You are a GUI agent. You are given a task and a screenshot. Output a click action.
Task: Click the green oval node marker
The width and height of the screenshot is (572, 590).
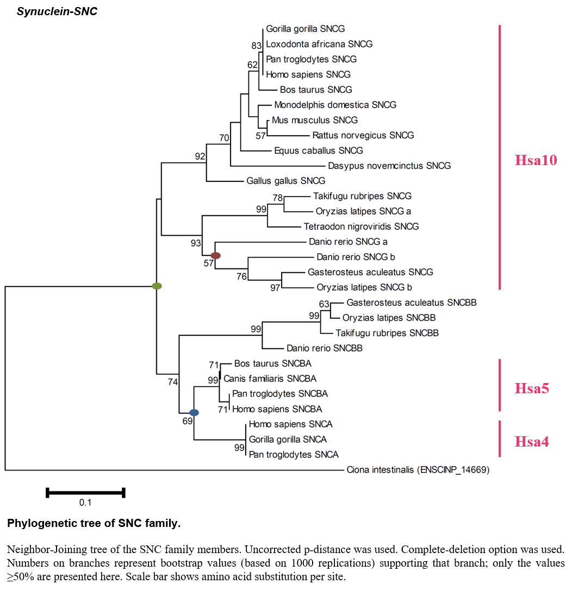[157, 286]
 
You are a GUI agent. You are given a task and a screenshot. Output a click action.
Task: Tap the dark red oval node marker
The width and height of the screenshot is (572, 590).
[215, 255]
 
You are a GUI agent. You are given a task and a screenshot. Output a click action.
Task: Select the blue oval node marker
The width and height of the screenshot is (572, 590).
[194, 412]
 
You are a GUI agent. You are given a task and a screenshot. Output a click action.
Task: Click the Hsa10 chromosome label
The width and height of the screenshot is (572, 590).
[536, 160]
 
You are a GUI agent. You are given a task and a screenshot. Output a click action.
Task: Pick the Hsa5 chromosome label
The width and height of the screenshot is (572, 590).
[532, 388]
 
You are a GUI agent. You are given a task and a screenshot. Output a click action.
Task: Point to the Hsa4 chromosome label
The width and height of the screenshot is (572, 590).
[532, 441]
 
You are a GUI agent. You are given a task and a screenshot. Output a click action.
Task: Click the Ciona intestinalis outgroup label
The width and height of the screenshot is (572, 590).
[418, 469]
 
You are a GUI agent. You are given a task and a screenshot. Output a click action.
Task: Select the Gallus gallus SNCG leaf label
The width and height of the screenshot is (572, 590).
[286, 180]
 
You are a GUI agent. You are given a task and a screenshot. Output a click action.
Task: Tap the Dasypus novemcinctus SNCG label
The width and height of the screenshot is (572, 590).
[389, 166]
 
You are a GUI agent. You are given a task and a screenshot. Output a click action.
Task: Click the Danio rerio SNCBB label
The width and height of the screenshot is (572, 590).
[325, 348]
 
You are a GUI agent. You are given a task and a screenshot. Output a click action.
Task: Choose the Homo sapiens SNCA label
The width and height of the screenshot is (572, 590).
[291, 424]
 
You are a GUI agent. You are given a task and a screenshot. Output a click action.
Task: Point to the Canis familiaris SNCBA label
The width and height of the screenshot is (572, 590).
[270, 379]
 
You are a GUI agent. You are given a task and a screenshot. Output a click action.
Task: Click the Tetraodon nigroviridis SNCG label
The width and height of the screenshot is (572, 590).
[362, 226]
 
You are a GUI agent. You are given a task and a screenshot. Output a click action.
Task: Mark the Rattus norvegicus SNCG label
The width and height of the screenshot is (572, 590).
[363, 135]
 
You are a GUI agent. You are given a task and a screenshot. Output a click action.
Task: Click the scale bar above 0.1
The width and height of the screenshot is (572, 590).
[85, 493]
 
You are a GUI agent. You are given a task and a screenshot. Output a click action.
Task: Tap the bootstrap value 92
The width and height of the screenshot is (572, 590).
[200, 156]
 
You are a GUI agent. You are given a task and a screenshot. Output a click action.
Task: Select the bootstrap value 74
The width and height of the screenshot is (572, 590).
[173, 382]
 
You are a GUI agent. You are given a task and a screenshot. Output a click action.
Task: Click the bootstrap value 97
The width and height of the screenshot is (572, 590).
[275, 288]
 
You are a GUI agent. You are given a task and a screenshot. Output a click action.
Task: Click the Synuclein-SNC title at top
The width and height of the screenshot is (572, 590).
[57, 11]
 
